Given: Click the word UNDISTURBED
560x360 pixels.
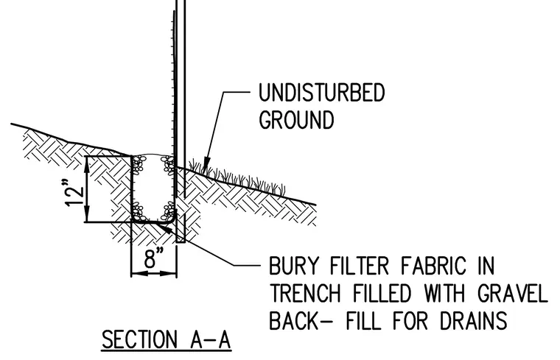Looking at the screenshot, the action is click(321, 93).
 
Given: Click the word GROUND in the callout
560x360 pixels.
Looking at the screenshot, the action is click(296, 119).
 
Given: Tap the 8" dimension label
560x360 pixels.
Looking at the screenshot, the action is click(154, 258).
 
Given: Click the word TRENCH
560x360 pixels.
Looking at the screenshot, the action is click(306, 293).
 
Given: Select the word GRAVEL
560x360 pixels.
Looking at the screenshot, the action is click(512, 293).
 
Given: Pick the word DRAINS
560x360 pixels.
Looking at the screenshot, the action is click(473, 320).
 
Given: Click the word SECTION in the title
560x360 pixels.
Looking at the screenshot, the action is click(139, 339).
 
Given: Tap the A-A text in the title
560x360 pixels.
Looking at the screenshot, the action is click(210, 339).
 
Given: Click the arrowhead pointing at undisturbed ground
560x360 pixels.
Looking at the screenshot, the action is click(206, 166).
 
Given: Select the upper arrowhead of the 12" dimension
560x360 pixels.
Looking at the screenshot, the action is click(87, 163).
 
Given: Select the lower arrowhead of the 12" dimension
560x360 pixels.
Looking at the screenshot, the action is click(87, 216).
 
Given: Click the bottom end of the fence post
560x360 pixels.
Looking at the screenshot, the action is click(181, 242).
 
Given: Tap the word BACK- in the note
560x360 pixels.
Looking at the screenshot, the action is click(301, 320).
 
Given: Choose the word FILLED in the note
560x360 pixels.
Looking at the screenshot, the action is click(382, 293).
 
